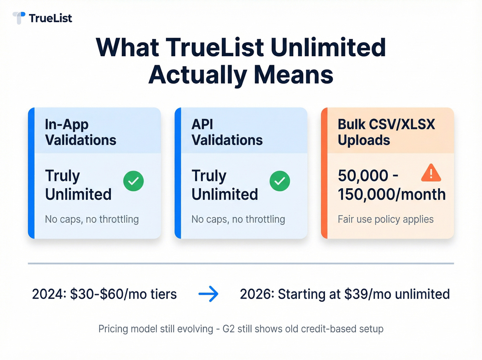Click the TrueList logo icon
click(x=19, y=18)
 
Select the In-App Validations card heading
click(x=81, y=132)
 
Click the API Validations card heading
click(x=227, y=132)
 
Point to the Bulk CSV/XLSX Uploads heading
click(x=386, y=132)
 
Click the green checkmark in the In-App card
click(x=134, y=181)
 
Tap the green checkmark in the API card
click(x=280, y=181)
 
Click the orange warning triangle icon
click(x=431, y=173)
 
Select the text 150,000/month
click(x=391, y=195)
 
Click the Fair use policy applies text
click(x=386, y=219)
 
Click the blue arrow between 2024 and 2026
click(x=209, y=294)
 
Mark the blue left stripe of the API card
click(x=178, y=173)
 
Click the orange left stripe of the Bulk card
click(x=324, y=173)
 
